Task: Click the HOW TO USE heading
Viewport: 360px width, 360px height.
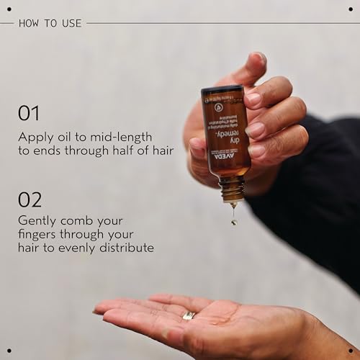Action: [x=48, y=23]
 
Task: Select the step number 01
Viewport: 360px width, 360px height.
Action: [x=29, y=113]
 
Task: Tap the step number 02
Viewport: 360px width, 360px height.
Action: [x=30, y=199]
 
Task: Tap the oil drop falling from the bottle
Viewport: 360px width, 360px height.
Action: [x=234, y=221]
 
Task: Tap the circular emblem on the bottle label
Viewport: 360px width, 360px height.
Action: [x=219, y=104]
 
